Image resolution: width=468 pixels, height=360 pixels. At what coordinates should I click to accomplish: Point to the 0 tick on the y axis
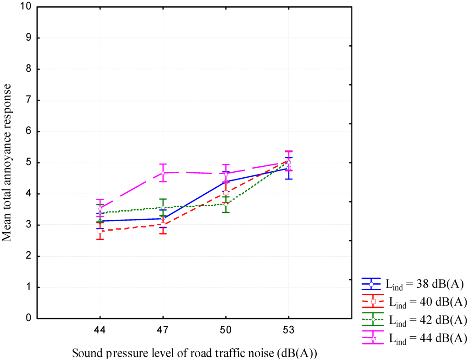tap(28, 318)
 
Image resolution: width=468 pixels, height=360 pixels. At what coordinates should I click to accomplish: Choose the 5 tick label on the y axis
tap(28, 163)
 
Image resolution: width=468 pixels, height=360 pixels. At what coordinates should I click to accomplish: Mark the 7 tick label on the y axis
tap(28, 101)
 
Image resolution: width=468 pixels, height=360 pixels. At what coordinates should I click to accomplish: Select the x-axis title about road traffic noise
tap(194, 353)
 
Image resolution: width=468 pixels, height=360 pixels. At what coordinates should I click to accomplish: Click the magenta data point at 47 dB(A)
tap(163, 173)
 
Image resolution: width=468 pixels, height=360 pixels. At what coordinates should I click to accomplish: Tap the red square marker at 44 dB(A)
tap(100, 231)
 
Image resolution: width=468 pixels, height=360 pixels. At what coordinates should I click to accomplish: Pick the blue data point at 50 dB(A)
tap(225, 181)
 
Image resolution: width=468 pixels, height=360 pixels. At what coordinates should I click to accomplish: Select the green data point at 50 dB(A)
tap(225, 204)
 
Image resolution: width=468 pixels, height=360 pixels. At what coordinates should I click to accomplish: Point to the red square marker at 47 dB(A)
tap(163, 225)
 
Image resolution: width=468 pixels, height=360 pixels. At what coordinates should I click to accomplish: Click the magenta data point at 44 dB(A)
tap(100, 207)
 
